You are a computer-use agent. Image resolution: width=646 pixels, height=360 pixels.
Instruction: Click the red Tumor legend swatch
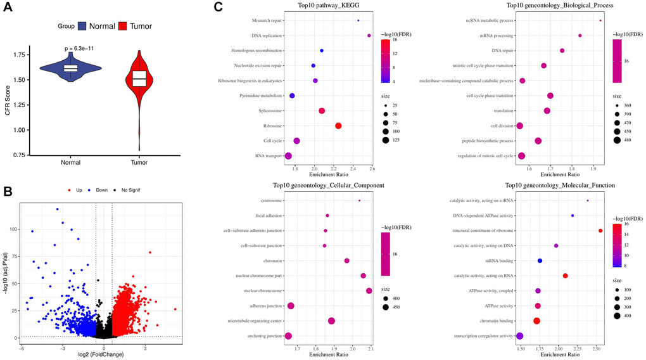117,27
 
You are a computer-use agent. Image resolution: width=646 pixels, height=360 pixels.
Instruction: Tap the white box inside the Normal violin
70,68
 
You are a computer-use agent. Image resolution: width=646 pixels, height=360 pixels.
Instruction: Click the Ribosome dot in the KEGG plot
338,125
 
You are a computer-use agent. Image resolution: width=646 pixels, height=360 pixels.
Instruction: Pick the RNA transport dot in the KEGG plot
288,156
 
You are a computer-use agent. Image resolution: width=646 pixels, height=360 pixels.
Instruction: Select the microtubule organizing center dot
331,321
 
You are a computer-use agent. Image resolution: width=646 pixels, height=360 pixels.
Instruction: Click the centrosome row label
270,201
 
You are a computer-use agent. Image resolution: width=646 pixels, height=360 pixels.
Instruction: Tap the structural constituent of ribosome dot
600,231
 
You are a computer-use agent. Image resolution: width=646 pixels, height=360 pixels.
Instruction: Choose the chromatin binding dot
536,321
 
